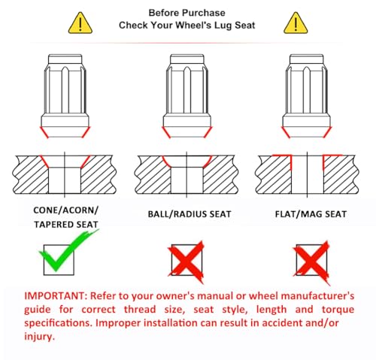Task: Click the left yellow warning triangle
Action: pyautogui.click(x=80, y=23)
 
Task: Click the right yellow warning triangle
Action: pyautogui.click(x=296, y=23)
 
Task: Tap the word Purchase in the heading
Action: pyautogui.click(x=203, y=13)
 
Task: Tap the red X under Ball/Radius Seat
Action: pyautogui.click(x=186, y=262)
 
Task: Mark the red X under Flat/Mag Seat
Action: pyautogui.click(x=311, y=262)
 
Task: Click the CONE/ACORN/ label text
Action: pyautogui.click(x=65, y=210)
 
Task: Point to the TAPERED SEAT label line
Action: pyautogui.click(x=66, y=225)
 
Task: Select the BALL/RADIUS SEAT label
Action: pyautogui.click(x=190, y=214)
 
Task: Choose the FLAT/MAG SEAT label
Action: pyautogui.click(x=311, y=214)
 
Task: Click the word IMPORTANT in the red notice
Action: pyautogui.click(x=56, y=296)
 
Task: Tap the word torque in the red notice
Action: pyautogui.click(x=338, y=310)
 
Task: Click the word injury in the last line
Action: pyautogui.click(x=39, y=337)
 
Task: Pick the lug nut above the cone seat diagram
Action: pyautogui.click(x=65, y=96)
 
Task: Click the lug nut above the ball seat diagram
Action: pyautogui.click(x=187, y=96)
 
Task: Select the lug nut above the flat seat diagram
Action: pyautogui.click(x=307, y=96)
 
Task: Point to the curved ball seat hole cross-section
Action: pyautogui.click(x=186, y=174)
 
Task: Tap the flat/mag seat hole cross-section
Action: pyautogui.click(x=307, y=174)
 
